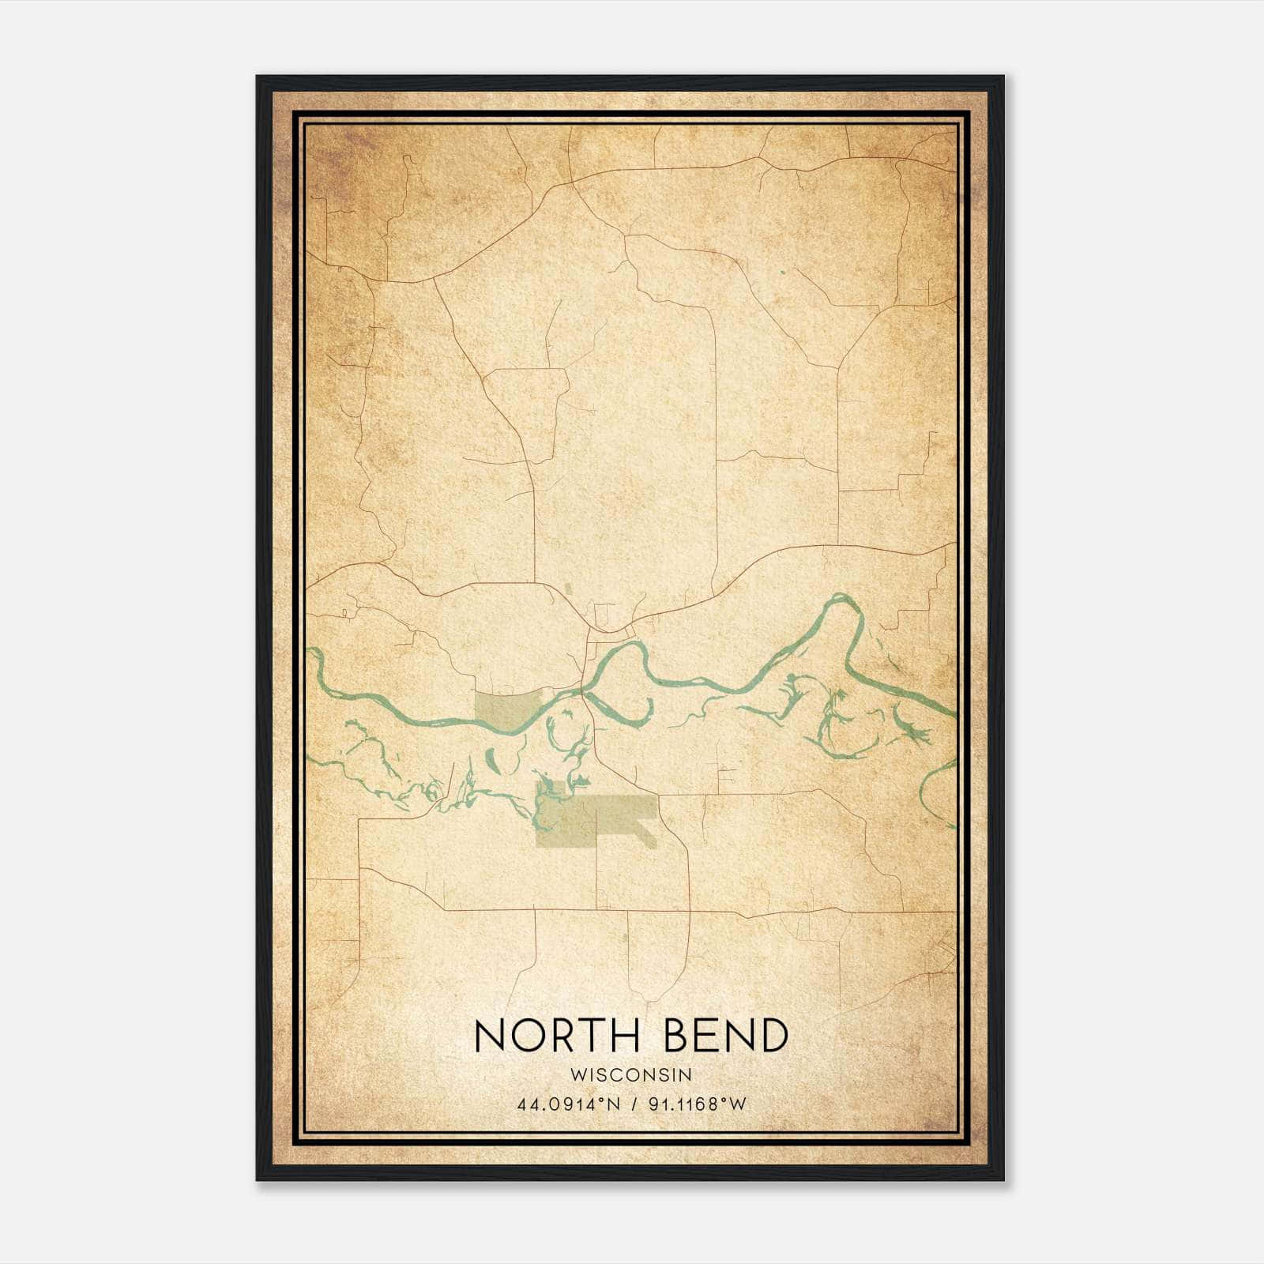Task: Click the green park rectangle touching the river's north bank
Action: (506, 707)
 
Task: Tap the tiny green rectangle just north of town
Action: (568, 589)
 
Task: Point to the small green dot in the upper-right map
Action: (782, 273)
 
